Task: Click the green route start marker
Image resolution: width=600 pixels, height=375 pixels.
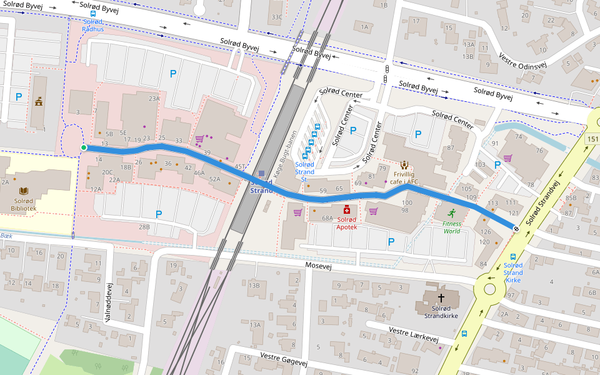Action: [x=84, y=147]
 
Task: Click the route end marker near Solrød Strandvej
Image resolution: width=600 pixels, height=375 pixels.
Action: [x=516, y=229]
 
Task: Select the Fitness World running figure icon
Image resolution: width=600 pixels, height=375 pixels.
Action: [x=451, y=212]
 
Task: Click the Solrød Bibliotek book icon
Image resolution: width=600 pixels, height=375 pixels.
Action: [x=24, y=191]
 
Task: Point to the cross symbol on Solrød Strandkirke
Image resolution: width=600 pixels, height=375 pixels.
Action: [x=441, y=298]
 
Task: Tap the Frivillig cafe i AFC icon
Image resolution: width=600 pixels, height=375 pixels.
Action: [x=404, y=166]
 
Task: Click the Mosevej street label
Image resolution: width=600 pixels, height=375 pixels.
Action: [x=317, y=265]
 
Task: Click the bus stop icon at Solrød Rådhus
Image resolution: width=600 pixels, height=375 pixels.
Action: [x=93, y=14]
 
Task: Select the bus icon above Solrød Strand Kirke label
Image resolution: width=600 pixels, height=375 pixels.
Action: [x=513, y=256]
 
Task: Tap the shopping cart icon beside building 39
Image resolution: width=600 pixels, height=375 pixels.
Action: [x=199, y=139]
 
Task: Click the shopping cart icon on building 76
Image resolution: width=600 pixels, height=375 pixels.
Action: [x=508, y=158]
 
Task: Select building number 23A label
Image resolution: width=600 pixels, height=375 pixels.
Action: [x=154, y=99]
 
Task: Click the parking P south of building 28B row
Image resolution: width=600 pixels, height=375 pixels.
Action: [x=159, y=214]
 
